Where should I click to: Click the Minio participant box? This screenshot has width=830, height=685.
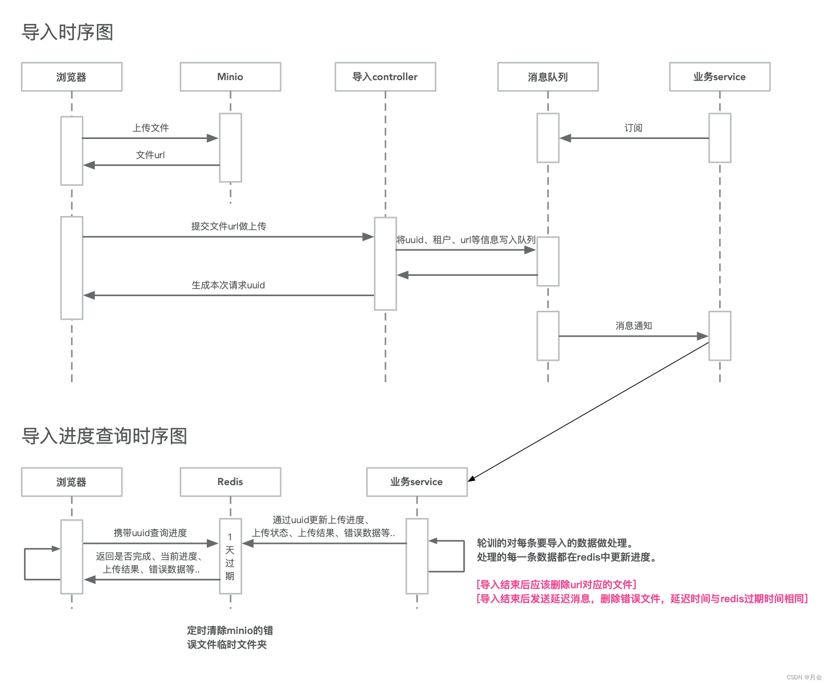tap(230, 77)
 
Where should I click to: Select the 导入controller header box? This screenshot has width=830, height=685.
tap(385, 77)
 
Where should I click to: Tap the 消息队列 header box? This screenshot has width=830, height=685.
tap(548, 77)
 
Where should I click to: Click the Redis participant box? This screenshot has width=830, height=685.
tap(230, 482)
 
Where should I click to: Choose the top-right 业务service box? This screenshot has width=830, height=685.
tap(719, 77)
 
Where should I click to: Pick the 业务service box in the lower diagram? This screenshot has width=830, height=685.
tap(417, 482)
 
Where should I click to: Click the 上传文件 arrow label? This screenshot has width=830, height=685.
tap(150, 128)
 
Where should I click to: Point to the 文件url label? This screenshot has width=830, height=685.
tap(150, 155)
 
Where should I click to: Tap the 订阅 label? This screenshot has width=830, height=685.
tap(633, 128)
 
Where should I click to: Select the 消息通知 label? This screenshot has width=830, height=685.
tap(633, 326)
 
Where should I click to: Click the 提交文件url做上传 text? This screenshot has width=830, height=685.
tap(229, 226)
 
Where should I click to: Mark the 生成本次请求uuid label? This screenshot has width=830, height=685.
tap(228, 285)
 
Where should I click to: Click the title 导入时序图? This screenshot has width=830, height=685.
tap(67, 32)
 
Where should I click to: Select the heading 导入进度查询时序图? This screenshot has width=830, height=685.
tap(104, 436)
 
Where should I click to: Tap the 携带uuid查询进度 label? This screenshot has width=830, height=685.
tap(150, 533)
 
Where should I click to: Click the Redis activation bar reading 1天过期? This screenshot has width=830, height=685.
tap(230, 556)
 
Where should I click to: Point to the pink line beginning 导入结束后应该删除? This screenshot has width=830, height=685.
tap(556, 585)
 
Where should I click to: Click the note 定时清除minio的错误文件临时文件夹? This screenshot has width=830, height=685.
tap(230, 638)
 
